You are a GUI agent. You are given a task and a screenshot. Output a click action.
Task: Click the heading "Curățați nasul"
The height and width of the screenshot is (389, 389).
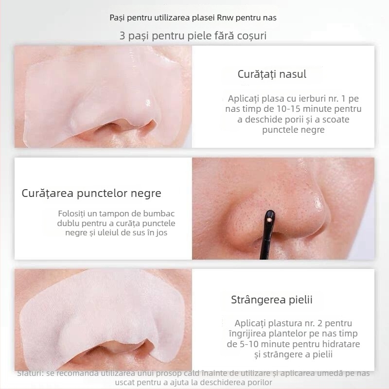pos(272,74)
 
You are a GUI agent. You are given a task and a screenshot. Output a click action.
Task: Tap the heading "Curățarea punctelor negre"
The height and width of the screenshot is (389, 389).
pos(91,193)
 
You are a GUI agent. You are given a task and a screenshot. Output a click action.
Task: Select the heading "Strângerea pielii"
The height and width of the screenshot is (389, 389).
pos(271,300)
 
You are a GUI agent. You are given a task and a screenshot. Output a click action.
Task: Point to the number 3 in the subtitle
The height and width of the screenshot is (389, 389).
pos(122,36)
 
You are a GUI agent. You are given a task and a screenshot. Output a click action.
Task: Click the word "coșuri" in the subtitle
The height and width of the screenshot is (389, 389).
pos(252,36)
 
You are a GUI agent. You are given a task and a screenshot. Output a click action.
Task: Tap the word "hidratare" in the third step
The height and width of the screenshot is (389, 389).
pos(339,344)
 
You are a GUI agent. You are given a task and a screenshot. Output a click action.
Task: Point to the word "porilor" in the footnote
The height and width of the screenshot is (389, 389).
pos(259,383)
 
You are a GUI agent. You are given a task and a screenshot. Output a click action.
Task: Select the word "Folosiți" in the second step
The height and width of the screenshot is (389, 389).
pos(73,214)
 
